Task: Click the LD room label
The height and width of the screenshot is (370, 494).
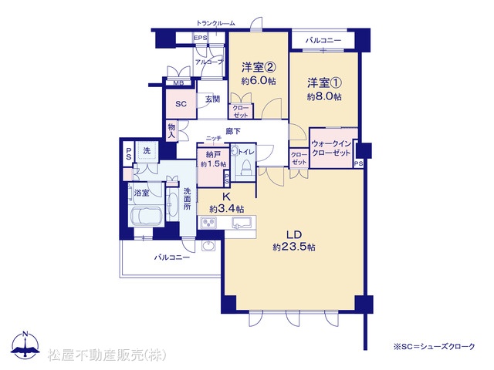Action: (x=294, y=234)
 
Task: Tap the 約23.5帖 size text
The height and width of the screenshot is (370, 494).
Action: (x=294, y=247)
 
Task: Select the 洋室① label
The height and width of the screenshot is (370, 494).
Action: (x=324, y=83)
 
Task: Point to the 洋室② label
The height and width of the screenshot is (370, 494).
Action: (x=259, y=67)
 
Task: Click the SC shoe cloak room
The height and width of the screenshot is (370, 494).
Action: (x=181, y=104)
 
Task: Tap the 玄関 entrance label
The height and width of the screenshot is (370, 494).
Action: (x=213, y=99)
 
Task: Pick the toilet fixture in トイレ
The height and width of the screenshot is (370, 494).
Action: (x=245, y=167)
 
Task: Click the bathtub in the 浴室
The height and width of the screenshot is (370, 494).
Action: (x=146, y=216)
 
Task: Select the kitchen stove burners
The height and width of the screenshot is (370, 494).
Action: (x=208, y=223)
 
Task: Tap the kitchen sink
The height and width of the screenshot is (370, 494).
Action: (x=242, y=223)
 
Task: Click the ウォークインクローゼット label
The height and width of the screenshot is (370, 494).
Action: (x=331, y=148)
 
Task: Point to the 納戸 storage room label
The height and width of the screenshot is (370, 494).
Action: (x=213, y=154)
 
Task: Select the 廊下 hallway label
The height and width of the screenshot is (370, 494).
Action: (x=233, y=131)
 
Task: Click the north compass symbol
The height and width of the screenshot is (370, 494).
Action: (x=25, y=345)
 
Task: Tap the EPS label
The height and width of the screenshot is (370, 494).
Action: (x=201, y=38)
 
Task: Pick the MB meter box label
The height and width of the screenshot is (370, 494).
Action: (x=179, y=83)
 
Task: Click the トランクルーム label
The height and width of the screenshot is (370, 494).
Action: (x=215, y=23)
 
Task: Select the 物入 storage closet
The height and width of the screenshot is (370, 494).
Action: (x=171, y=131)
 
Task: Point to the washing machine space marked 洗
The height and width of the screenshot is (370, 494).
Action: (x=147, y=151)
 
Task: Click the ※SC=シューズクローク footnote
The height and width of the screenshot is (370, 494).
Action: (x=434, y=347)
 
